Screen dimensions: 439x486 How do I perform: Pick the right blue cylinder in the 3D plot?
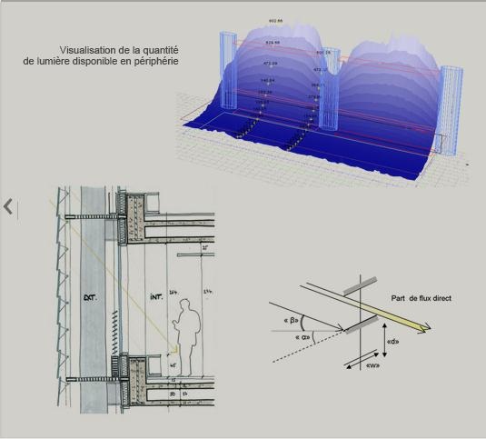(x=451, y=109)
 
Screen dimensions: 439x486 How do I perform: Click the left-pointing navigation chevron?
(x=8, y=206)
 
